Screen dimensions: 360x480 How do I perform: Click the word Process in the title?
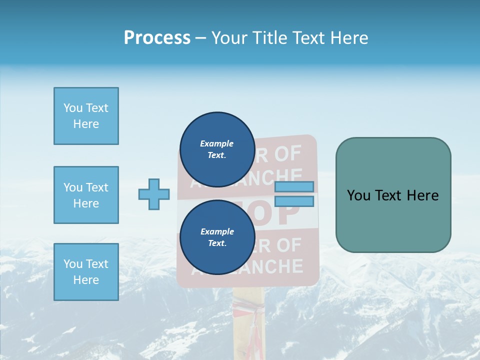157,38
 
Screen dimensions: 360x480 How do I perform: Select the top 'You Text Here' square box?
86,116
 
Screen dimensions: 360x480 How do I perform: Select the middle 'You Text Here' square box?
86,195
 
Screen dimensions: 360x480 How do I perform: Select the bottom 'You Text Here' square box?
86,272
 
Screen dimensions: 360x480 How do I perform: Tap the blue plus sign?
154,194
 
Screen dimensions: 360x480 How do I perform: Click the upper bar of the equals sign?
294,186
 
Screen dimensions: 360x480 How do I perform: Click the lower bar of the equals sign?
294,201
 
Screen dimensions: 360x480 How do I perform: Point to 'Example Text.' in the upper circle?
216,149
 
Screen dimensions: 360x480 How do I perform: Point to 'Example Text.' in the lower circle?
217,237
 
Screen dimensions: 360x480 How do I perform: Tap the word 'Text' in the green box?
389,195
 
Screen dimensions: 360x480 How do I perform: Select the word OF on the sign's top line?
288,154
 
